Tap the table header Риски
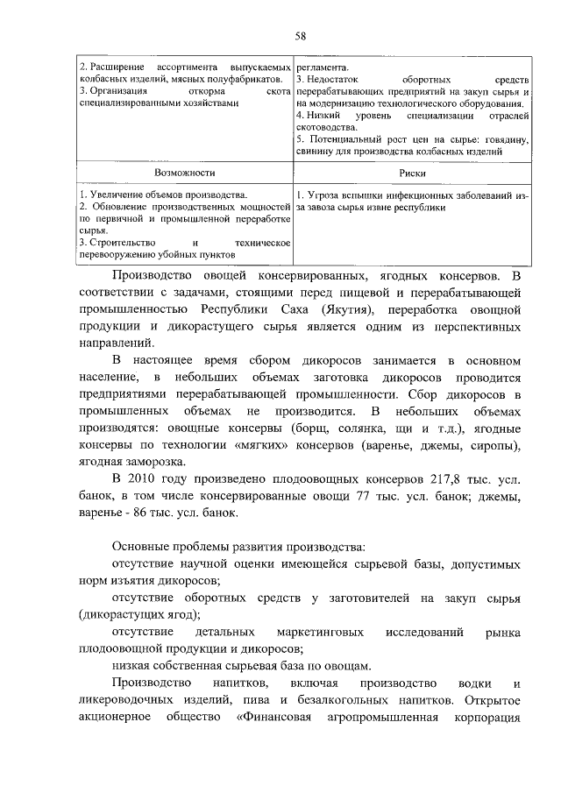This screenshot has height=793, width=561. click(412, 173)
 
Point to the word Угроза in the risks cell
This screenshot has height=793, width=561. click(322, 194)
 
